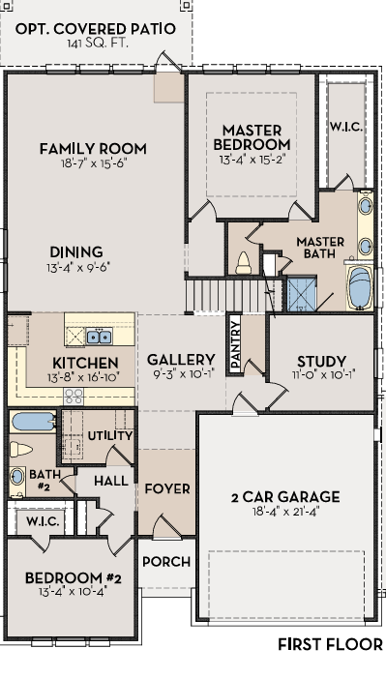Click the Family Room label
coord(93,149)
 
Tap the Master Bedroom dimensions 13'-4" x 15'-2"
coord(252,160)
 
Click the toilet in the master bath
coord(244,263)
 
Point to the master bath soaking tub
coord(360,287)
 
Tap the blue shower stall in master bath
coord(301,294)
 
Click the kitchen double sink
coord(99,336)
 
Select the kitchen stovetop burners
coord(74,396)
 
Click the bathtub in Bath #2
coord(33,421)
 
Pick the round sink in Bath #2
coord(16,477)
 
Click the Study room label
coord(321,362)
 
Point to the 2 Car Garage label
coord(285,497)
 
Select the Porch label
coord(166,562)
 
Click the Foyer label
coord(167,488)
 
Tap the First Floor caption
coord(330,644)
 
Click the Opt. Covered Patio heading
coord(96,29)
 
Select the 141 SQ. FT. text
coord(98,44)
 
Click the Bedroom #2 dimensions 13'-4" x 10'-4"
coord(73,591)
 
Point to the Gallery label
coord(181,360)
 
